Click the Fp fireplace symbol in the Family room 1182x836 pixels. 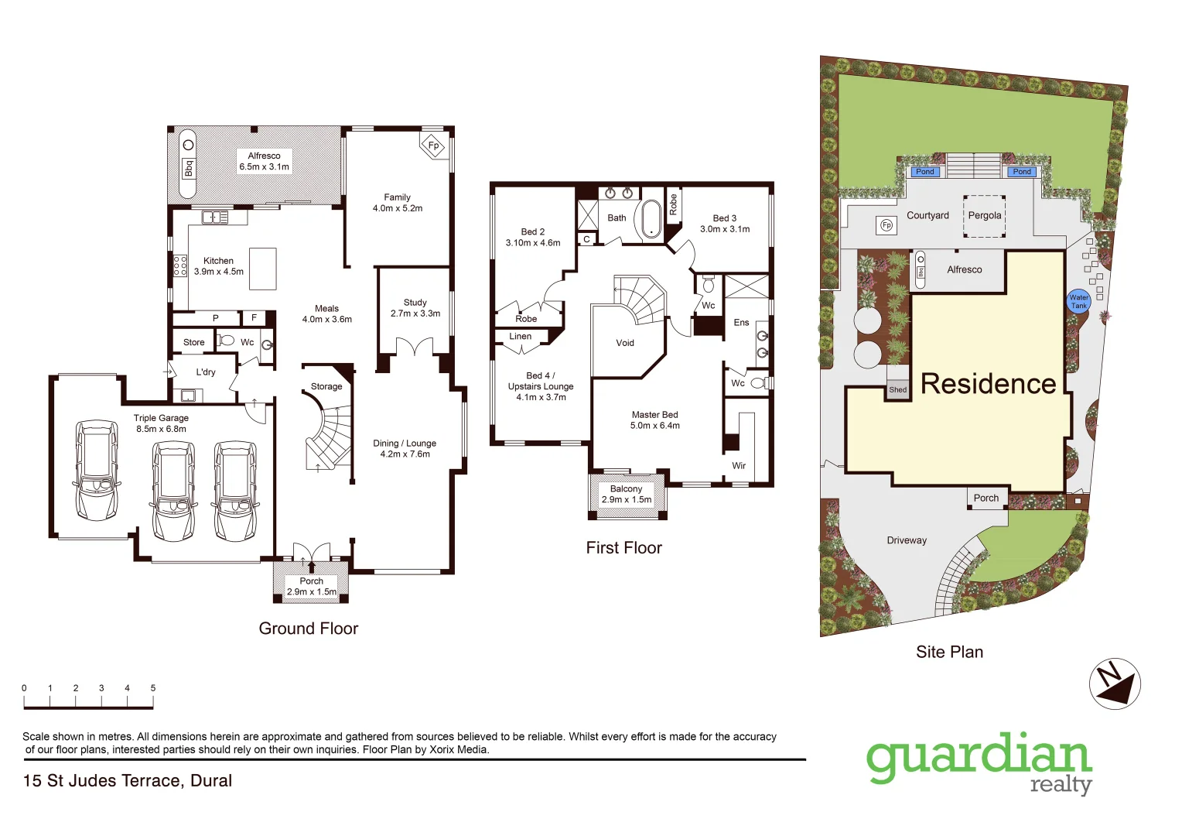433,146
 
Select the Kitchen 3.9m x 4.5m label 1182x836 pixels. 218,266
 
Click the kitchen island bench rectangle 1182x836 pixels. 263,268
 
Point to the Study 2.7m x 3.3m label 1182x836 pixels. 415,308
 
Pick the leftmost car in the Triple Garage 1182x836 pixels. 96,470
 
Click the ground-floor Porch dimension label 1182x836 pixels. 312,587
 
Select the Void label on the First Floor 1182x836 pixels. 625,343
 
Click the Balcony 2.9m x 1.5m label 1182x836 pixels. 627,495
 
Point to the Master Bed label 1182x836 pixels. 654,420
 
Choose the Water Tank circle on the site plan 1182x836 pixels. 1078,301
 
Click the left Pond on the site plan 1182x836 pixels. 924,172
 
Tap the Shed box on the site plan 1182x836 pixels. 897,390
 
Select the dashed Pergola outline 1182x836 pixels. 984,216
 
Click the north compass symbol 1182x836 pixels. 1115,684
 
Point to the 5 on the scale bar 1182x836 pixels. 153,688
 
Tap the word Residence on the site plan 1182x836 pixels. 988,384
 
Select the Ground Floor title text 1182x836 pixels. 309,629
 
